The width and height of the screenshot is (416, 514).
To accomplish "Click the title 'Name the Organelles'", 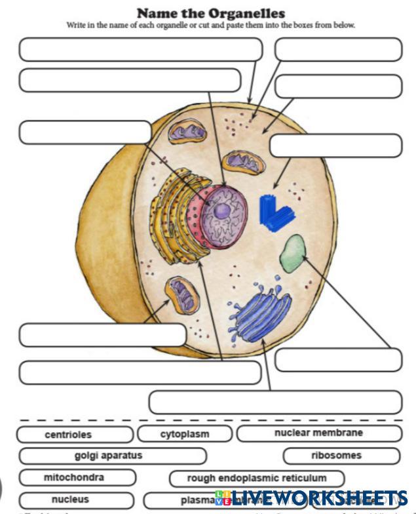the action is point(211,13).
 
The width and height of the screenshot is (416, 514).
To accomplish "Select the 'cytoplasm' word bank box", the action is point(185,434).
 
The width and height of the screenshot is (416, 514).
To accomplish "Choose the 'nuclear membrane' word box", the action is point(318,433).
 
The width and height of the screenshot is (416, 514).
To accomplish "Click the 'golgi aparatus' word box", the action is point(112,456).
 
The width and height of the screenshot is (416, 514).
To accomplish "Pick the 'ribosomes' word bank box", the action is point(341,456).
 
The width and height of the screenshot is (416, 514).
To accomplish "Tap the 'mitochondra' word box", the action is point(77,477).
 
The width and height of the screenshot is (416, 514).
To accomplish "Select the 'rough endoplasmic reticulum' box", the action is point(257,479).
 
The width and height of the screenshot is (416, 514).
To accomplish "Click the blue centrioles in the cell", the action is point(276,213).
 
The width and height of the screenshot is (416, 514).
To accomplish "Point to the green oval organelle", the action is point(292,254).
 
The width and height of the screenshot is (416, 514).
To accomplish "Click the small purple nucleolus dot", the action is point(223,210).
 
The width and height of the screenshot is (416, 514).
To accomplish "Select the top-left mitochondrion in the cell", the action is point(187,132).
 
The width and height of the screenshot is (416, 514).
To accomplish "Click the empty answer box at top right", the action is point(338,49).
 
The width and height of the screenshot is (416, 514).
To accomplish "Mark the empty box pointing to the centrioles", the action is point(335,146).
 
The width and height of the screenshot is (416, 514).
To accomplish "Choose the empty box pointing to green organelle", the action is point(338,360).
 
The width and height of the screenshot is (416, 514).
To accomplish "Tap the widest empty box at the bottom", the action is point(275,402).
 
